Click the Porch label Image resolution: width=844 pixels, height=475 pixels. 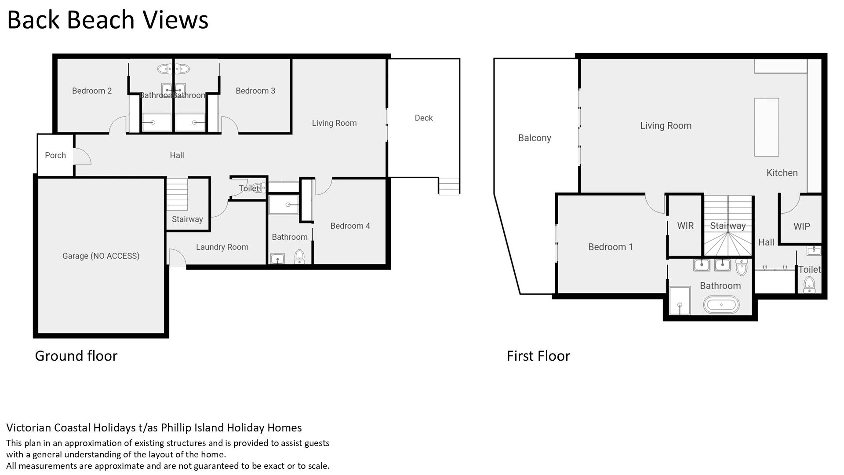pyautogui.click(x=55, y=155)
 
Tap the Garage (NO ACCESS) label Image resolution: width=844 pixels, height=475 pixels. pyautogui.click(x=101, y=256)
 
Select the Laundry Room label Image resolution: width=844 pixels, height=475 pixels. pyautogui.click(x=222, y=247)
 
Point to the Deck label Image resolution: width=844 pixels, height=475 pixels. pyautogui.click(x=424, y=118)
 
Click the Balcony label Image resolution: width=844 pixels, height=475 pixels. pyautogui.click(x=535, y=138)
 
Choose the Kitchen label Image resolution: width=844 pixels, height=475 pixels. pyautogui.click(x=782, y=173)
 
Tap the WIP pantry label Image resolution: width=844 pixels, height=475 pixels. pyautogui.click(x=801, y=227)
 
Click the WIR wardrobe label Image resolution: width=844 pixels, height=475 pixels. pyautogui.click(x=685, y=226)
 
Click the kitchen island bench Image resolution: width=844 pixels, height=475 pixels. pyautogui.click(x=767, y=127)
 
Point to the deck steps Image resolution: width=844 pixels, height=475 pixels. pyautogui.click(x=449, y=186)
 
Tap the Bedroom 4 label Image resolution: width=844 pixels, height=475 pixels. pyautogui.click(x=350, y=226)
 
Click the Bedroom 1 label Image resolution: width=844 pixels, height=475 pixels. pyautogui.click(x=611, y=247)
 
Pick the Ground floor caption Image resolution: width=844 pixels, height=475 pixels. pyautogui.click(x=76, y=356)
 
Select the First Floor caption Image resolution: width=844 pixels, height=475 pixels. pyautogui.click(x=538, y=356)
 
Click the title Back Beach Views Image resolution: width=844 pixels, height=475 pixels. pyautogui.click(x=108, y=20)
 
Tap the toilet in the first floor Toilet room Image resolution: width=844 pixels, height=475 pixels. pyautogui.click(x=809, y=285)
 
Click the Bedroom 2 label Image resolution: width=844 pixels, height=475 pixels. pyautogui.click(x=92, y=91)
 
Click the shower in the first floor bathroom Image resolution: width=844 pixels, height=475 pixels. pyautogui.click(x=680, y=301)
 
